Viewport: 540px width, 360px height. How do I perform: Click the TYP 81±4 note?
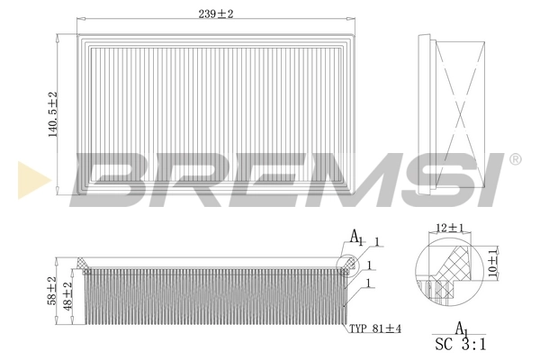(374, 330)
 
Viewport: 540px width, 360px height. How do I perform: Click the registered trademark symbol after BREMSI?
(515, 160)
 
